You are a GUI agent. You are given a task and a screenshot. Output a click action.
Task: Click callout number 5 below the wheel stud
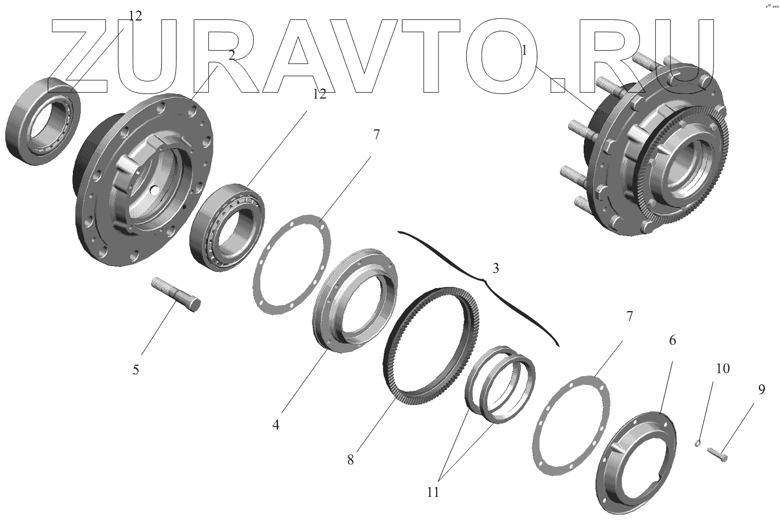(136, 370)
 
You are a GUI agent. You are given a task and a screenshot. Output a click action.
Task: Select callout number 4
(276, 424)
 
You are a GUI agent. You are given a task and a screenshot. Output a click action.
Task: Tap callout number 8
(350, 460)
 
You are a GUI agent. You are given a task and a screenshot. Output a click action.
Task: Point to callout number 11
(433, 492)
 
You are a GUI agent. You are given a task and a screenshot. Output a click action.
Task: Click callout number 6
(672, 340)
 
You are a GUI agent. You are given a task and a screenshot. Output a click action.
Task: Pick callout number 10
(723, 368)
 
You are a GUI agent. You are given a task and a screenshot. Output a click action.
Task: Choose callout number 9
(762, 390)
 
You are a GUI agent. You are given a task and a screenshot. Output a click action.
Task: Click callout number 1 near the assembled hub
(524, 51)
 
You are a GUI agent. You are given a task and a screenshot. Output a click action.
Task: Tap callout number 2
(232, 55)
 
